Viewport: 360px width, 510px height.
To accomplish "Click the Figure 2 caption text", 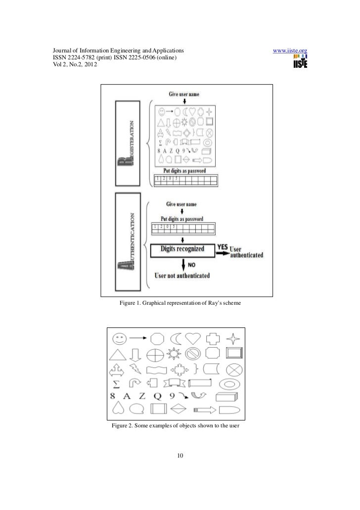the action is tap(176, 425).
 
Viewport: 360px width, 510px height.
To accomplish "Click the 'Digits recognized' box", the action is tap(181, 250).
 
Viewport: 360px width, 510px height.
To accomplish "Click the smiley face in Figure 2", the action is tap(119, 339).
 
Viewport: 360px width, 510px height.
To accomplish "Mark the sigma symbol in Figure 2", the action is tap(117, 383).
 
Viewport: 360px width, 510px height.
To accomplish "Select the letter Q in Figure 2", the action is tap(158, 396).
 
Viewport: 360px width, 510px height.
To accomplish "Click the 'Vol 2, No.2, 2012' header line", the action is tap(73, 66).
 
